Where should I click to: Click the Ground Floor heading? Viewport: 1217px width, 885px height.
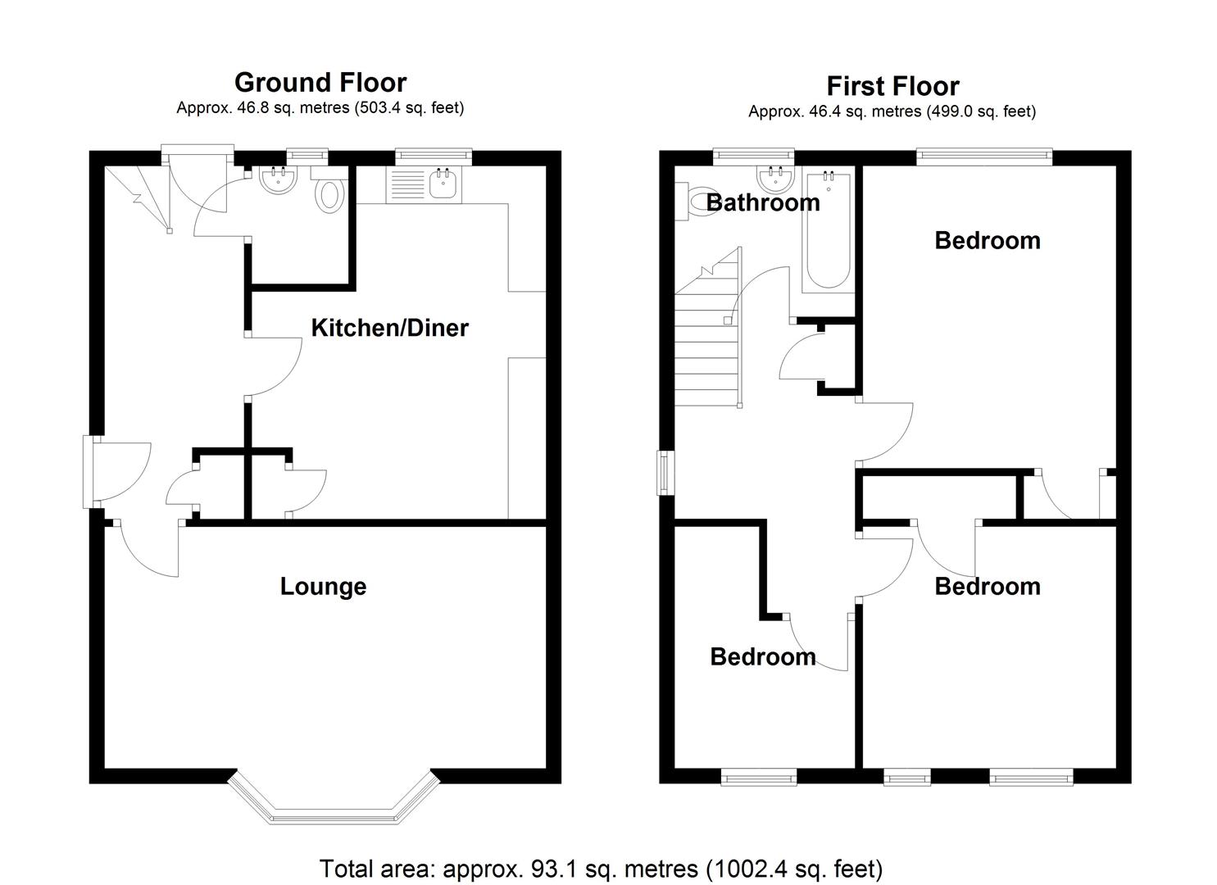pos(320,83)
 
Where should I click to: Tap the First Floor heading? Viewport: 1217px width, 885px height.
pos(892,86)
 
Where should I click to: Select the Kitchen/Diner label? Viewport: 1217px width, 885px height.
pos(389,328)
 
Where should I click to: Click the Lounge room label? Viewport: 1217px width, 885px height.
pos(323,586)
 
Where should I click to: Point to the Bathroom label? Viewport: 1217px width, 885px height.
pos(763,202)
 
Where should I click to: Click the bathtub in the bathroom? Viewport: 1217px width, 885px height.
pos(828,230)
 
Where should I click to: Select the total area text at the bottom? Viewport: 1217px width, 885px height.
pos(601,868)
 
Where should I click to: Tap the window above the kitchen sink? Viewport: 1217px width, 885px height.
pos(433,157)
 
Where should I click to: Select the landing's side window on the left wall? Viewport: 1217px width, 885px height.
pos(665,473)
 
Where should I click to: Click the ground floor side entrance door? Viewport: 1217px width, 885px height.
pos(117,471)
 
